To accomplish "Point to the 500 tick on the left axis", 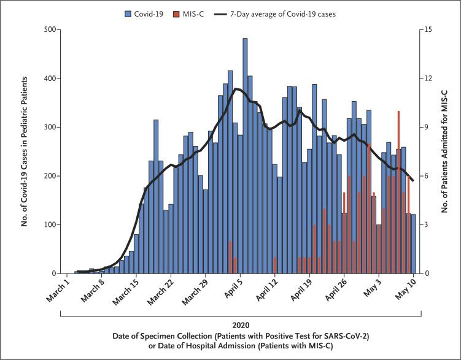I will pos(52,29).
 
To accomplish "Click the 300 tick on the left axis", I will pos(52,127).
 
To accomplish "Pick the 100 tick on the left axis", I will pos(52,225).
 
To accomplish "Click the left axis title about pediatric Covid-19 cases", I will pos(25,151).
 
